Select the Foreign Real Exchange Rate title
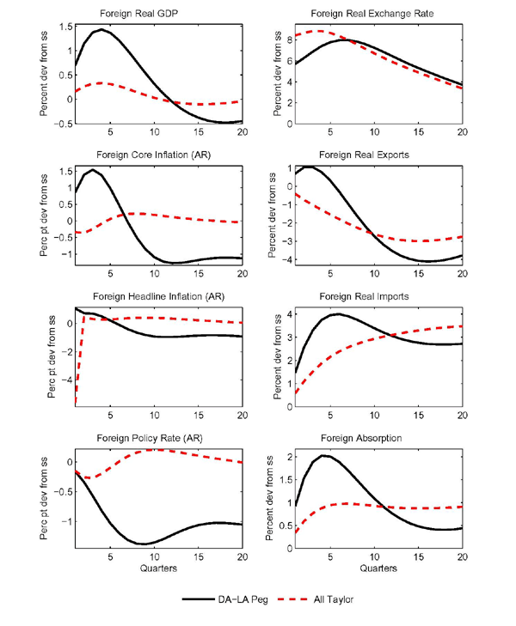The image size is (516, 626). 378,15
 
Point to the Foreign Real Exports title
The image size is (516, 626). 378,155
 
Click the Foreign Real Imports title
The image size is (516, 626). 378,297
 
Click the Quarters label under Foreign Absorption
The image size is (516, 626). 378,568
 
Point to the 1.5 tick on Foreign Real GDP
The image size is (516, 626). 64,27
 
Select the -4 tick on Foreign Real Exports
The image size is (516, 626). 286,260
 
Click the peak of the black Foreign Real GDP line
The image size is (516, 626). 102,29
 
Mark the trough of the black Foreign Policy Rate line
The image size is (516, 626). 143,544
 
